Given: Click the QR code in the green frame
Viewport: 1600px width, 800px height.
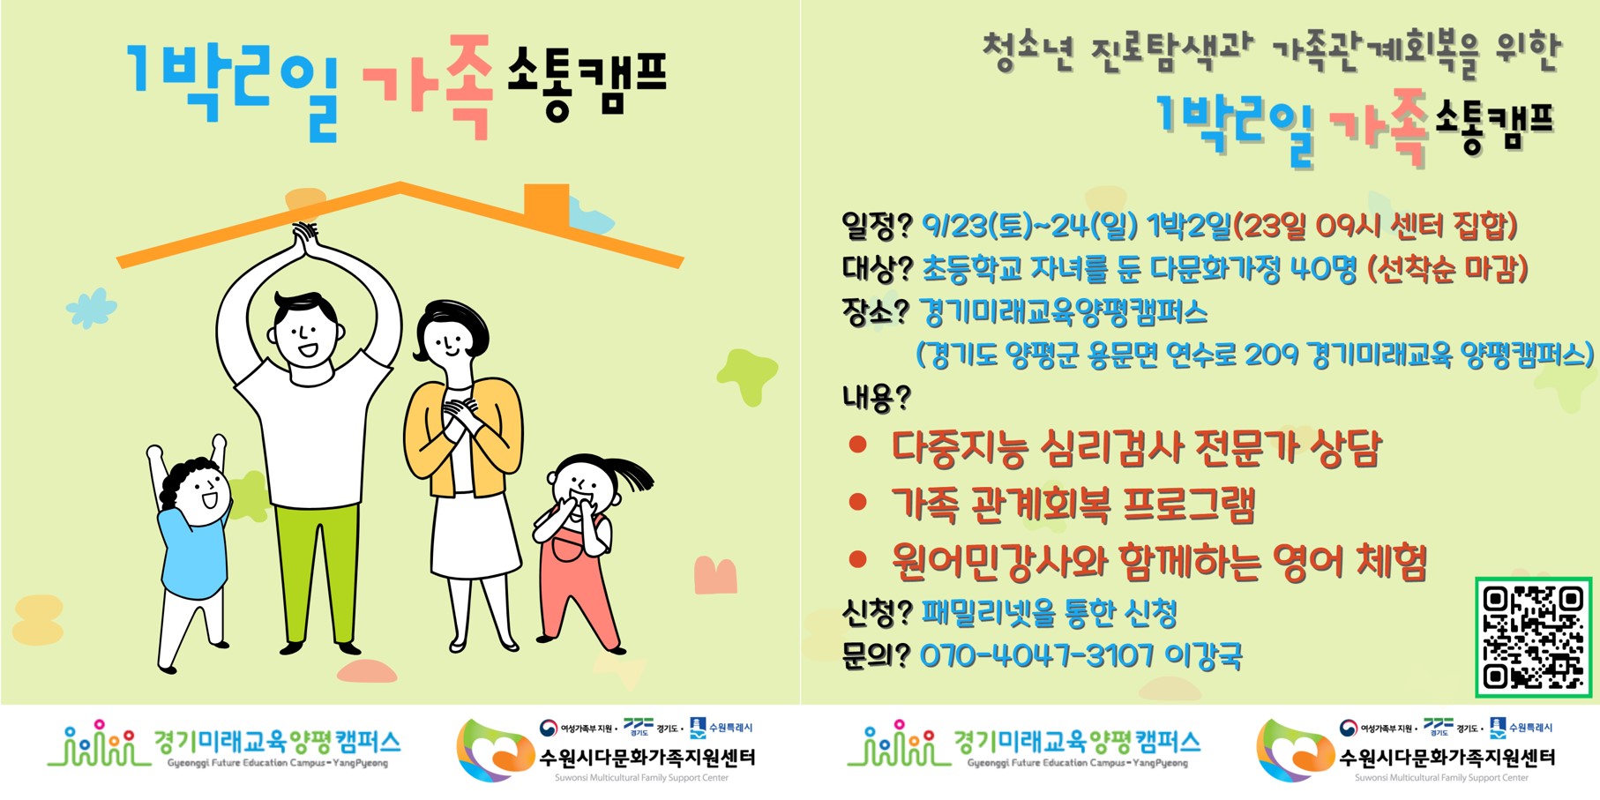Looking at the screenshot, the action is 1533,637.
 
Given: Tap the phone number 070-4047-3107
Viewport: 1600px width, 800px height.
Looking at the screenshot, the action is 1037,655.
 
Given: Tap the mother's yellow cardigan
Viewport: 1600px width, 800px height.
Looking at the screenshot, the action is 464,437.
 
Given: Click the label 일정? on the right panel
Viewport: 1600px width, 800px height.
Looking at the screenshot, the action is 876,226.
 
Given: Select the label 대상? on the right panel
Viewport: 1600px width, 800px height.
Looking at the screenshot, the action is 876,268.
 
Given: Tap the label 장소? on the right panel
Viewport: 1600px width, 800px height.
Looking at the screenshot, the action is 875,311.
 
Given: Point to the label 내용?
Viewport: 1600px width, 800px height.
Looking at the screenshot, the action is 876,397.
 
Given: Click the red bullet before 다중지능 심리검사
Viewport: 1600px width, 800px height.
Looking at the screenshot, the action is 857,445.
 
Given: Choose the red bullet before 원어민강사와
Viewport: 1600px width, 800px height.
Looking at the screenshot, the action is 857,558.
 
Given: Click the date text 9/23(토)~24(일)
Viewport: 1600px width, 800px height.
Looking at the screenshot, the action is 1030,226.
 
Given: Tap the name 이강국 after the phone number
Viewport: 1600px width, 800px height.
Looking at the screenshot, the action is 1203,655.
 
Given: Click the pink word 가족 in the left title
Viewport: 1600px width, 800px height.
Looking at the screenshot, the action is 428,86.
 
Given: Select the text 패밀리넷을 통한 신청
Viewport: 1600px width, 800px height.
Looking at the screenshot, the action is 1049,612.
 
